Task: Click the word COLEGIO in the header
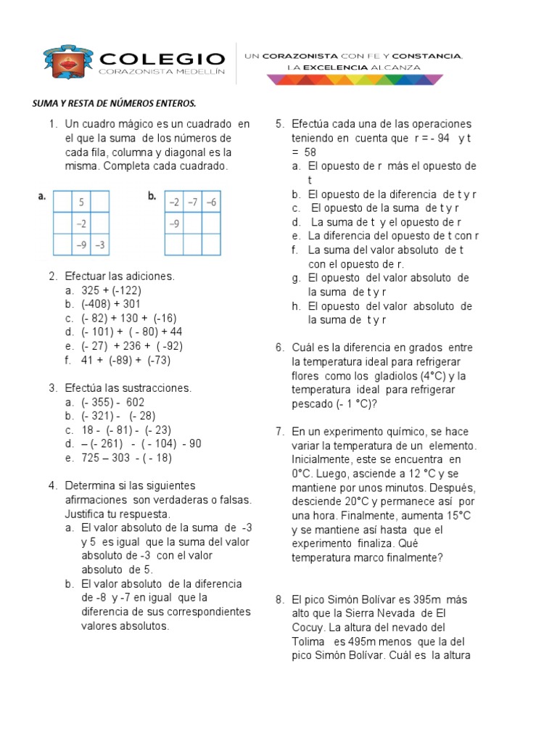pos(162,58)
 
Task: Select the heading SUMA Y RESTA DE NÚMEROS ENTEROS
pos(114,103)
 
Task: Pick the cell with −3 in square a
pos(100,245)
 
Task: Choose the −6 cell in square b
pos(211,201)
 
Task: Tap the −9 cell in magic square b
pos(174,223)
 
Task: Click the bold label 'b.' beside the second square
pos(152,196)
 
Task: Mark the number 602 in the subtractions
pos(136,402)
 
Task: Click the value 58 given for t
pos(310,152)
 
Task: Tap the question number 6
pos(279,348)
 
